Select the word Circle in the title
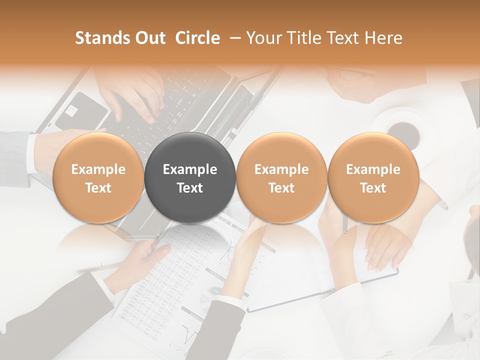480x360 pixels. (197, 38)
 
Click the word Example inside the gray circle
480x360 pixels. (190, 169)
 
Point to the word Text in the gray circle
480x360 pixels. (190, 188)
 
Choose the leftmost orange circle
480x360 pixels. (98, 177)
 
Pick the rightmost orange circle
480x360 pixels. (373, 177)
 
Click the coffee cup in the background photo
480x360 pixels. (404, 131)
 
